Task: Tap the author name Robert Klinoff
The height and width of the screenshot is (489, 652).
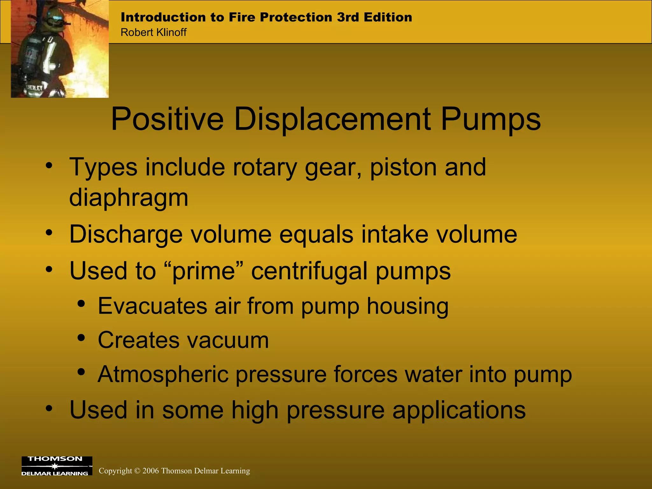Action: tap(153, 32)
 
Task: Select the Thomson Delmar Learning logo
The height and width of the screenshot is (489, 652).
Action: tap(57, 466)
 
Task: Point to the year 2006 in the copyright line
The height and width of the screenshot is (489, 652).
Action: tap(151, 471)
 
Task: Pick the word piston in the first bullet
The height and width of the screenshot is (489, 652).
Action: tap(403, 167)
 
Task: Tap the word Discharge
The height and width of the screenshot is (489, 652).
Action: tap(126, 235)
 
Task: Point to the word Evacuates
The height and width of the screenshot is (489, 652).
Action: tap(152, 306)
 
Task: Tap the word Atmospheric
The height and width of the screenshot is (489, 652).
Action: tap(163, 374)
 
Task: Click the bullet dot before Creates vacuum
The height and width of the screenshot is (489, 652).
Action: tap(81, 337)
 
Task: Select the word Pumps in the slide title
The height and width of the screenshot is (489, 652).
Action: tap(491, 119)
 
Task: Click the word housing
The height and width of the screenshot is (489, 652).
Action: tap(407, 306)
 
